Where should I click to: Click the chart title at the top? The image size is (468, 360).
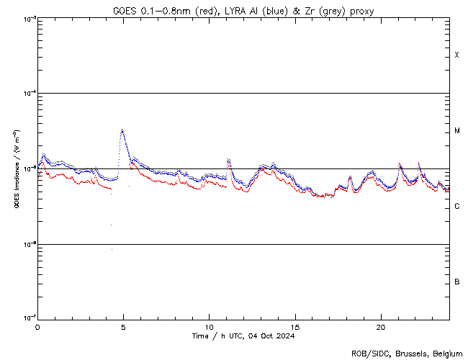[x=243, y=10]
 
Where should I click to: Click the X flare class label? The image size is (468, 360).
[x=456, y=55]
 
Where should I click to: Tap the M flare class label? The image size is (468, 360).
[x=456, y=131]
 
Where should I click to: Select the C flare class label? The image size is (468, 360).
[x=456, y=207]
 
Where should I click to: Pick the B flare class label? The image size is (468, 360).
[x=456, y=282]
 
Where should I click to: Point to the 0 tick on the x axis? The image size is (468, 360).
[x=37, y=326]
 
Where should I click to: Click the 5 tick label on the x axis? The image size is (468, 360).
[x=123, y=326]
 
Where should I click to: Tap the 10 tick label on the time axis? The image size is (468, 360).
[x=209, y=326]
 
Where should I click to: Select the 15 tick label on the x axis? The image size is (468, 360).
[x=294, y=326]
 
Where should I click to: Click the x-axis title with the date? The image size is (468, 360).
[x=243, y=336]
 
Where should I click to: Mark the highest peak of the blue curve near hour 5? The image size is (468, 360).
[x=122, y=130]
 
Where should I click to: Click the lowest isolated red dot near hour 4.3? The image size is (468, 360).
[x=112, y=249]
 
